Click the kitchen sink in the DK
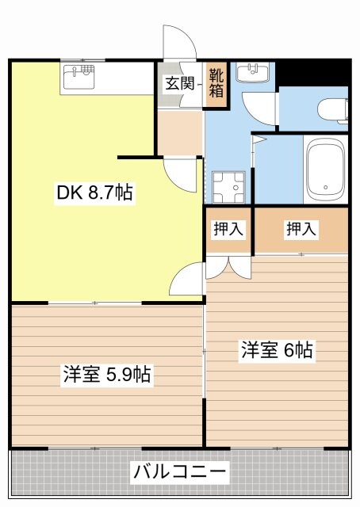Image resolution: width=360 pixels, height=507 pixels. tap(79, 78)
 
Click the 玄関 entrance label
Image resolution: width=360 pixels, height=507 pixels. tap(179, 83)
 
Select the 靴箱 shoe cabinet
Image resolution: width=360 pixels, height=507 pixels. tap(216, 83)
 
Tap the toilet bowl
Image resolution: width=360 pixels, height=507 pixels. tap(333, 109)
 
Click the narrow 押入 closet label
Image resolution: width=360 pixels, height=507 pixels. tap(228, 230)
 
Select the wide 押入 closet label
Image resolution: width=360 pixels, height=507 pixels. tap(301, 230)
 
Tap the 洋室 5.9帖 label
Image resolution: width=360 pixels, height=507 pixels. tap(107, 374)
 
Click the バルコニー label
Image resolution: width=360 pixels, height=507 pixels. tap(180, 473)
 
